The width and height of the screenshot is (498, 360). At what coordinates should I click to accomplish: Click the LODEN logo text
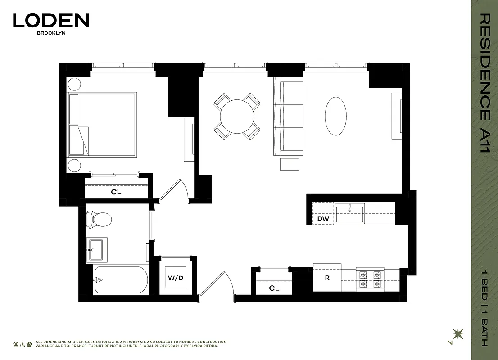(x=51, y=20)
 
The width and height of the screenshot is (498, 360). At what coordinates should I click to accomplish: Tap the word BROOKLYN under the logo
(x=51, y=33)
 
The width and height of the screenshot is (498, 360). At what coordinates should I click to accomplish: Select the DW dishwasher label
(x=323, y=219)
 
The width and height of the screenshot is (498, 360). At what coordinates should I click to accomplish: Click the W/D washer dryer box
(x=176, y=278)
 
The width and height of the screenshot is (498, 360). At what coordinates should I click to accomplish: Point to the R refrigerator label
(x=327, y=278)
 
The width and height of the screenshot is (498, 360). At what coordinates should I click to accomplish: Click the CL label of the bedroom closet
(x=116, y=192)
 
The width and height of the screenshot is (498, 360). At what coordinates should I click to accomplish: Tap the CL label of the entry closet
(x=274, y=288)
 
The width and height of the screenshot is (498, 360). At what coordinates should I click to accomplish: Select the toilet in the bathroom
(x=99, y=220)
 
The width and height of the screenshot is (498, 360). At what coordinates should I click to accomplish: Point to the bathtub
(x=121, y=280)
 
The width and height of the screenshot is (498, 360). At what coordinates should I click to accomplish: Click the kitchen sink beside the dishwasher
(x=349, y=213)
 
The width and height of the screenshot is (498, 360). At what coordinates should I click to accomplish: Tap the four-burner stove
(x=369, y=279)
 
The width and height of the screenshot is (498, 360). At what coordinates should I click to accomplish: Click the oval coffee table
(x=335, y=116)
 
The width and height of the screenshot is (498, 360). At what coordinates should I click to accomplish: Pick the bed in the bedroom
(x=102, y=125)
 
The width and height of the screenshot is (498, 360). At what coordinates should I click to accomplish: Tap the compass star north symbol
(x=458, y=334)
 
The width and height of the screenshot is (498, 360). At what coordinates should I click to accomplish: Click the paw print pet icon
(x=29, y=344)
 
